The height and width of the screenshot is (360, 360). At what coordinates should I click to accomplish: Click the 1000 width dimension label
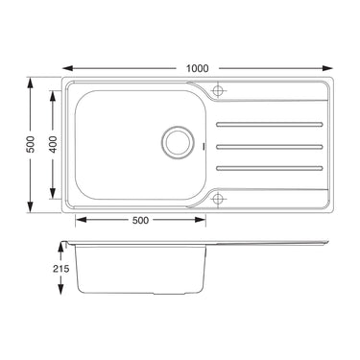coord(198,68)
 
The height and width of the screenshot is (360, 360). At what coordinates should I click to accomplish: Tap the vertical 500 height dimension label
coord(31,144)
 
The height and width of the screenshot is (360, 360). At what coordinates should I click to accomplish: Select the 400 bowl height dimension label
coord(54,144)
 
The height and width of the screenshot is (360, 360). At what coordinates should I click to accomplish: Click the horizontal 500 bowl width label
coord(141,220)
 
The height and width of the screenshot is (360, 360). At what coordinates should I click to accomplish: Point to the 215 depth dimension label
coord(60,269)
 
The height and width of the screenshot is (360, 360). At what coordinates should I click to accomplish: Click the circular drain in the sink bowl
coord(178,142)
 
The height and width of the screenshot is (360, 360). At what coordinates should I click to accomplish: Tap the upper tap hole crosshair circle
coord(218,90)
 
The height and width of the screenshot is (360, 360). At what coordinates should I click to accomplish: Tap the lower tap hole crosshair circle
coord(218,199)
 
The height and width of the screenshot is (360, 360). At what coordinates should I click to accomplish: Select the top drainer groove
coord(270,124)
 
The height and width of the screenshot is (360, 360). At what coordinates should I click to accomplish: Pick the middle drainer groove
coord(270,147)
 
